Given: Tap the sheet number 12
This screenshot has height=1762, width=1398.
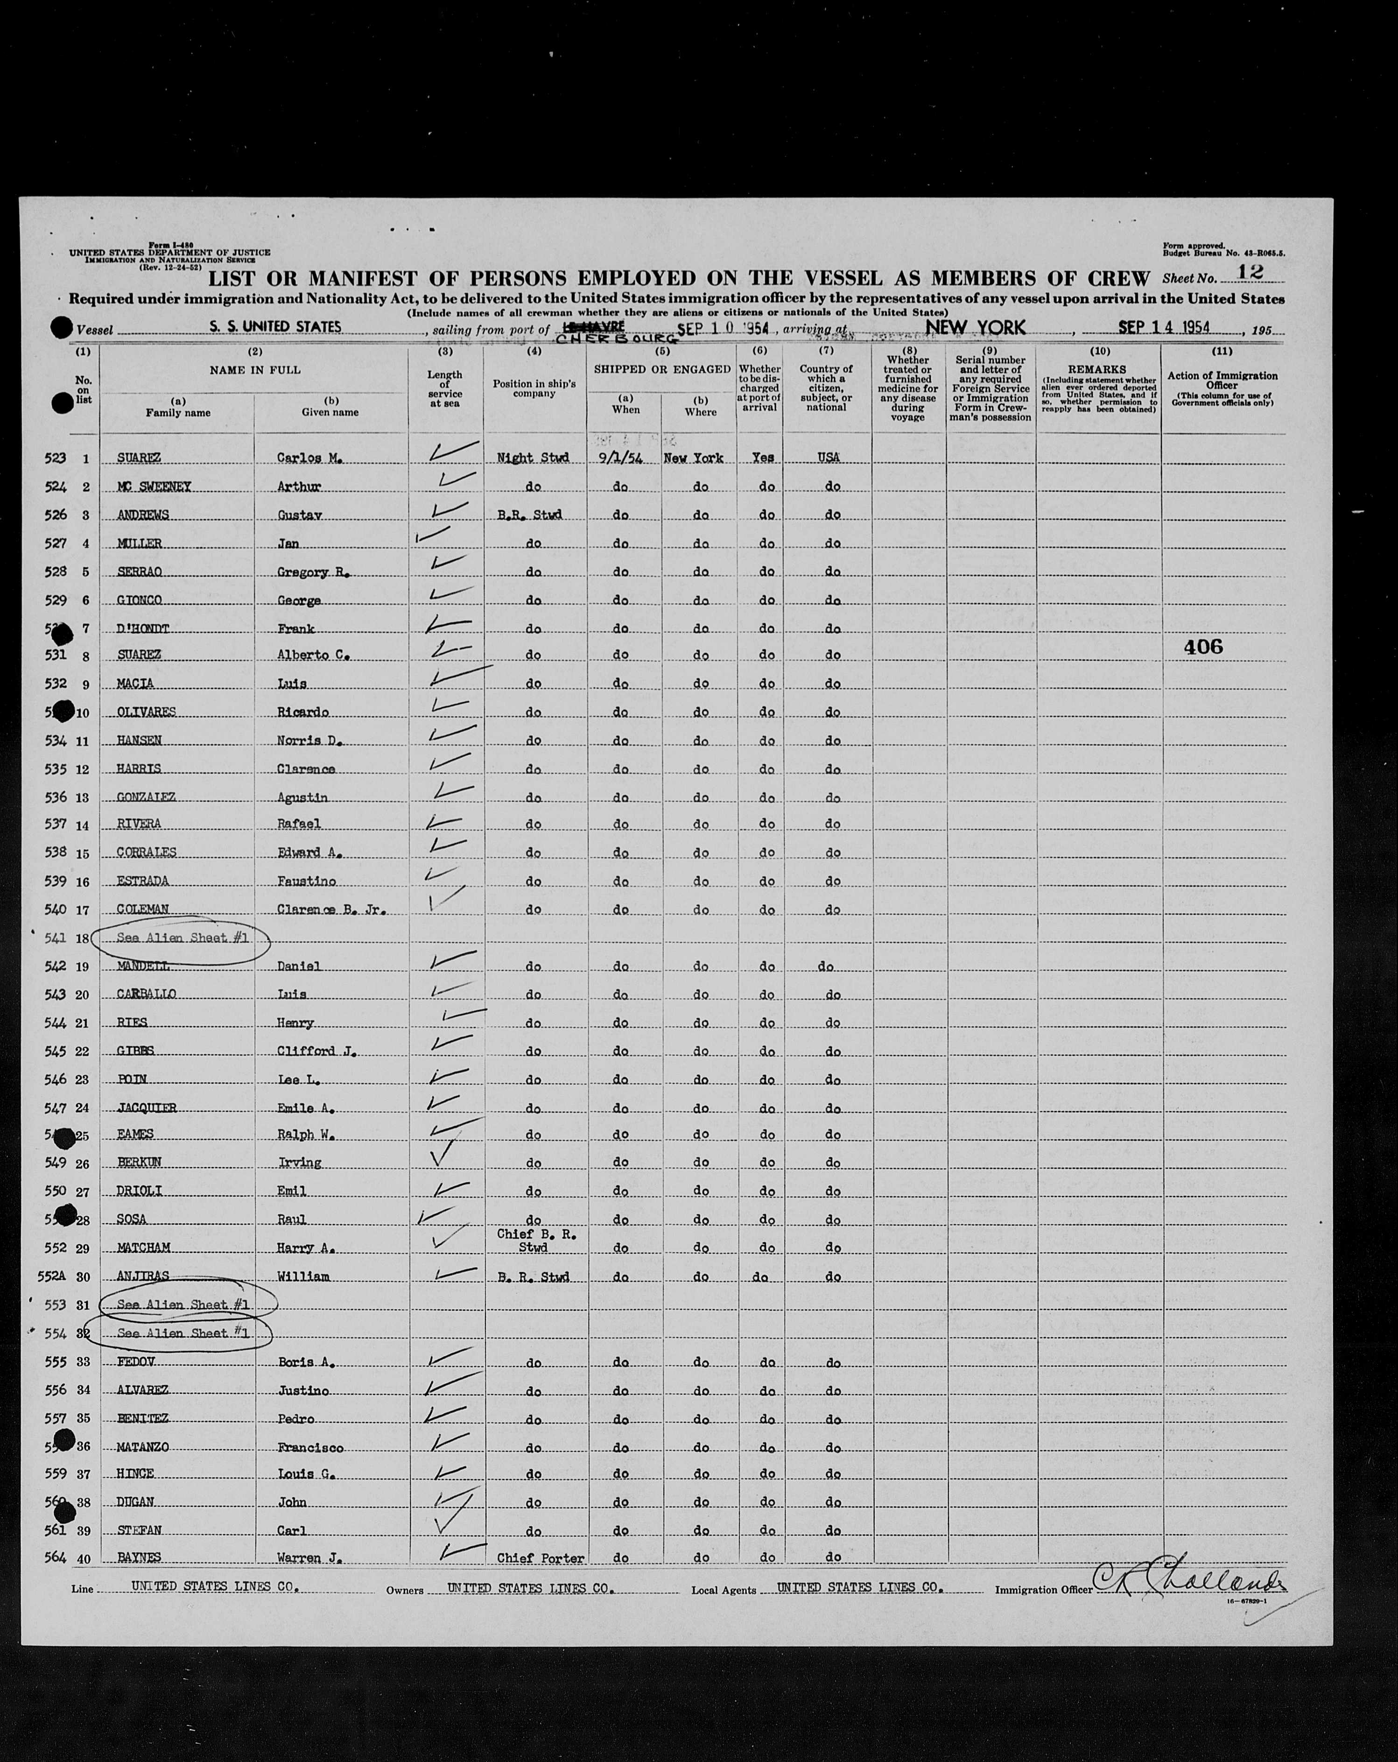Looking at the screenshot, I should [x=1250, y=272].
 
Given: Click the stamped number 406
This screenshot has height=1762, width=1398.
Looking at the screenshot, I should [x=1203, y=647].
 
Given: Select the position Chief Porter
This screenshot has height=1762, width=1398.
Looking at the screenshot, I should [x=540, y=1558].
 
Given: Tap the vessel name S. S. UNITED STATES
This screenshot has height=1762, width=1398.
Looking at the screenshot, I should [x=274, y=327].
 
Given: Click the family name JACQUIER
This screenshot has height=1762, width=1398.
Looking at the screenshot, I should [x=146, y=1108].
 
